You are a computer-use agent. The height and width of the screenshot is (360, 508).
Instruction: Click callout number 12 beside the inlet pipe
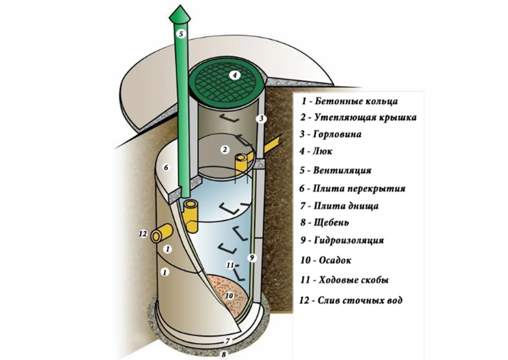[143, 234]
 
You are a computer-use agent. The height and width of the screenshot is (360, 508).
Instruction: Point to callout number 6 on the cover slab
[166, 168]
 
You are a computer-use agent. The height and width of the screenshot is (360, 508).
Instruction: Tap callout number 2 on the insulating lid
[225, 149]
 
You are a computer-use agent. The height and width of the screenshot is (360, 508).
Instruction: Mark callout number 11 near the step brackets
[230, 265]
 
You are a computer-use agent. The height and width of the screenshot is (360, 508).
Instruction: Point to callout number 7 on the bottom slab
[227, 341]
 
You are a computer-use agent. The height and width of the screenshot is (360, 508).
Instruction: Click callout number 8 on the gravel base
[224, 353]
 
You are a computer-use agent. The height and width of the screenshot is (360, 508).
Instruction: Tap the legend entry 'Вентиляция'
[342, 171]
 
